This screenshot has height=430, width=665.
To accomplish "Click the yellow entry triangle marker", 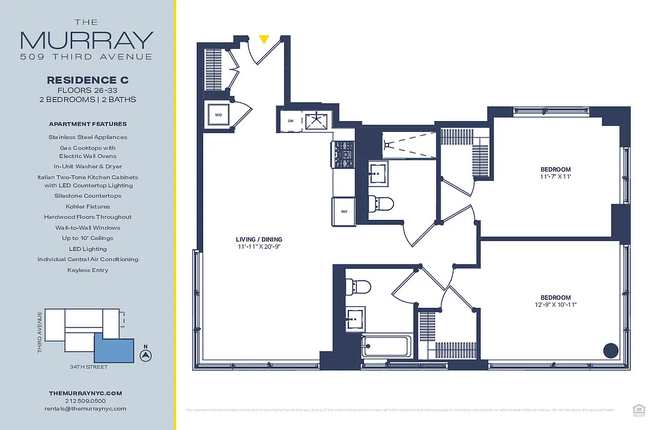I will click(263, 39).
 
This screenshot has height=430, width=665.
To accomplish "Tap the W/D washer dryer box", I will click(219, 115).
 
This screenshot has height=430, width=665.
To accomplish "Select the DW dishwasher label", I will click(291, 121).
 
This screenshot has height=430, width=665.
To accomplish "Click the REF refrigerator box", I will click(344, 211).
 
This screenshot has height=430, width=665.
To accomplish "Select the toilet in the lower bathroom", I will click(358, 286).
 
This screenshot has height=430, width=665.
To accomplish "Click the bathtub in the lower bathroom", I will click(387, 346).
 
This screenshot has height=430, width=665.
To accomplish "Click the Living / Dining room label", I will click(259, 240).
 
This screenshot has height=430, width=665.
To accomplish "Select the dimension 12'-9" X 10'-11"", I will click(555, 305).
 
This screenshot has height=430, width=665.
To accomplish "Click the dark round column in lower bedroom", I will click(611, 350).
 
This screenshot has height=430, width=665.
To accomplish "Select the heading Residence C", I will click(88, 80).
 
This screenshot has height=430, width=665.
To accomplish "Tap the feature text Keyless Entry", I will click(88, 270).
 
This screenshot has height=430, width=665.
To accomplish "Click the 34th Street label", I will click(88, 367).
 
